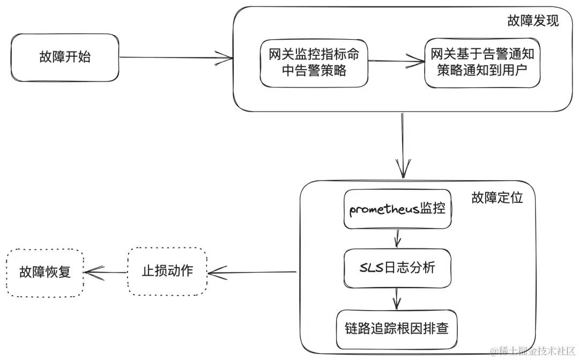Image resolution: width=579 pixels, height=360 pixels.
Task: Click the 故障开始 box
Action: (x=65, y=57)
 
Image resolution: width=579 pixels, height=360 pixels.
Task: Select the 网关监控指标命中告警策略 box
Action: (x=314, y=62)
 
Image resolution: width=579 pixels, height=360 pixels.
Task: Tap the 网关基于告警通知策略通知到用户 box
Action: (x=482, y=62)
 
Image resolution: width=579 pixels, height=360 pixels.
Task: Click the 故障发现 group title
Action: (x=532, y=21)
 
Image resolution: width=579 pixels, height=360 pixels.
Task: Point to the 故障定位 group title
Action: (x=496, y=197)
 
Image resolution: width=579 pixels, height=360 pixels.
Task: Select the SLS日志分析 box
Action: (x=397, y=267)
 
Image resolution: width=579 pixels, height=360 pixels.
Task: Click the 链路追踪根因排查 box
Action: (x=397, y=328)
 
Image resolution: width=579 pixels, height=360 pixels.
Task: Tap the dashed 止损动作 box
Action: (x=167, y=271)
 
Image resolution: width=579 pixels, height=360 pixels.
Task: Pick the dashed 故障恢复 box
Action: (x=45, y=272)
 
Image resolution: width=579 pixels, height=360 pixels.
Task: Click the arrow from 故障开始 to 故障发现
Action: (x=176, y=57)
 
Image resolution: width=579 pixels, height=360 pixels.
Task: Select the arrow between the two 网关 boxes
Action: (x=396, y=61)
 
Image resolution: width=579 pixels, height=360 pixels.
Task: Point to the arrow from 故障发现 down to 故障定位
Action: (x=402, y=145)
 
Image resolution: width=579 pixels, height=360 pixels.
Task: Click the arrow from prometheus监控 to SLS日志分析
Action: (x=397, y=238)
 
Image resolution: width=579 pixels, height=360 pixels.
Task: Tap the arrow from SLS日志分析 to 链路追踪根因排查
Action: (x=397, y=298)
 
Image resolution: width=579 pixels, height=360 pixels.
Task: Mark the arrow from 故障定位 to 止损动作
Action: (x=252, y=273)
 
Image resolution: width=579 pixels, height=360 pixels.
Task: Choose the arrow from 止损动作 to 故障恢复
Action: (x=106, y=273)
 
